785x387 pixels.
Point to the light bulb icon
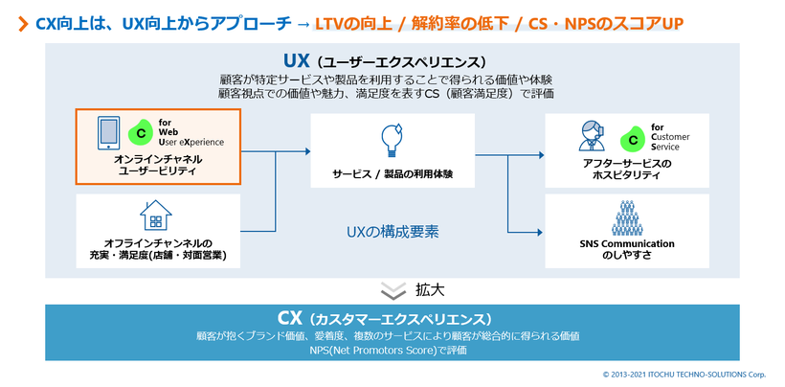click(392, 140)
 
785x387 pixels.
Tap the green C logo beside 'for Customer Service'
click(632, 139)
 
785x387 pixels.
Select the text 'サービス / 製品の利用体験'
click(392, 174)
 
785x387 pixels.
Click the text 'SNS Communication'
click(627, 243)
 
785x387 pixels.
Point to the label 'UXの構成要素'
click(392, 231)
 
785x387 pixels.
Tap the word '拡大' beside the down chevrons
click(430, 288)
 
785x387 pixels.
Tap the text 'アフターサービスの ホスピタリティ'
click(627, 170)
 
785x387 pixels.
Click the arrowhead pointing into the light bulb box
click(306, 151)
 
